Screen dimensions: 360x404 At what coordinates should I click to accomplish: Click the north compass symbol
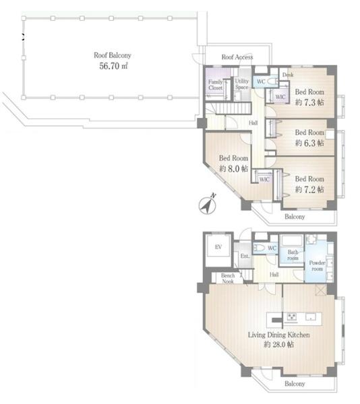[x=208, y=204]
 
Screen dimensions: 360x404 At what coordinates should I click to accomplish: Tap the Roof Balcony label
[x=113, y=55]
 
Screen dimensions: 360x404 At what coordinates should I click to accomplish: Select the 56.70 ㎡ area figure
[x=113, y=66]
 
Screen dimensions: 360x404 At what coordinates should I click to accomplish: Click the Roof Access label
[x=237, y=57]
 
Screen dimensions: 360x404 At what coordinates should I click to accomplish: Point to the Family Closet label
[x=215, y=85]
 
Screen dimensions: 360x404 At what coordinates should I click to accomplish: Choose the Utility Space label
[x=241, y=84]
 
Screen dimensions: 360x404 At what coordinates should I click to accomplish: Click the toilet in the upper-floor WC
[x=272, y=81]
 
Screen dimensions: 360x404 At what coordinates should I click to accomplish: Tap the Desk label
[x=288, y=75]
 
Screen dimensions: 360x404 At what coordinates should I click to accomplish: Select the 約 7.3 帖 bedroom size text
[x=309, y=102]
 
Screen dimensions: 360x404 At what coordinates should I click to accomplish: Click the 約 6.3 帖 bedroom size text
[x=309, y=143]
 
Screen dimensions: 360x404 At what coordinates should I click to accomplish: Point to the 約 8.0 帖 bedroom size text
[x=234, y=168]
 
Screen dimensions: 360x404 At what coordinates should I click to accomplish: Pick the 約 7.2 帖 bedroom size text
[x=309, y=189]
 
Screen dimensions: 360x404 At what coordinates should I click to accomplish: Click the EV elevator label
[x=218, y=247]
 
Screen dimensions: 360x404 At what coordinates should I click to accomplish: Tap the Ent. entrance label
[x=245, y=256]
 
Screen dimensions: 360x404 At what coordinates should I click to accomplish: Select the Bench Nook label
[x=228, y=278]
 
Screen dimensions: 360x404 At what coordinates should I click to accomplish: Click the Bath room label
[x=293, y=255]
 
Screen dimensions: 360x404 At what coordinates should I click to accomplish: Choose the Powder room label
[x=318, y=266]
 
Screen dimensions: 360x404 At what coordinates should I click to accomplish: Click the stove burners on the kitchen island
[x=292, y=317]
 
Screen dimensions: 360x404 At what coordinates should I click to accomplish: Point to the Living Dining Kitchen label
[x=279, y=335]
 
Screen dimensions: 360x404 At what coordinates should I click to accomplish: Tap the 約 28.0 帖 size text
[x=279, y=344]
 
